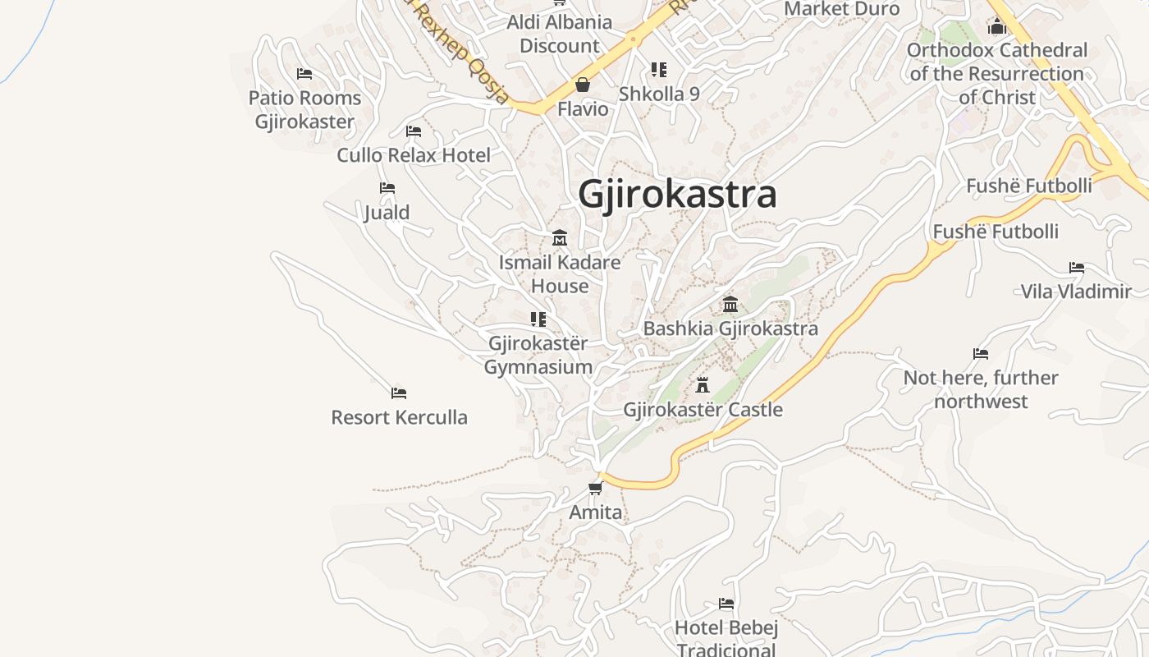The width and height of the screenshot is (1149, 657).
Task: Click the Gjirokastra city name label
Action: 677,195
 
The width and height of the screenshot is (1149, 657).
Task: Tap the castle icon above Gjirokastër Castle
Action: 703,384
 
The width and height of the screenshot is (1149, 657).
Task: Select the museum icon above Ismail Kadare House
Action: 560,238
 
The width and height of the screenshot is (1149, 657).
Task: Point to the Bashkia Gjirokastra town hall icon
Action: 730,305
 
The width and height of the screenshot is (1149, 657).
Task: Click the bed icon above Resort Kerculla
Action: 399,393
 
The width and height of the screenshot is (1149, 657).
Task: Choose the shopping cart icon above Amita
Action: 595,489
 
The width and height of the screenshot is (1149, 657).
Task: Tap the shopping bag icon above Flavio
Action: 583,85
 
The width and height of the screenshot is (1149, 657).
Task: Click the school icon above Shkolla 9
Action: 659,70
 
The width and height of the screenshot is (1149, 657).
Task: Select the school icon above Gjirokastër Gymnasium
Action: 538,319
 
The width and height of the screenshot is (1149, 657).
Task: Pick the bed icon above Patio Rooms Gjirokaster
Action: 304,74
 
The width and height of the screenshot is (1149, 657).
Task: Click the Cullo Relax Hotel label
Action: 414,155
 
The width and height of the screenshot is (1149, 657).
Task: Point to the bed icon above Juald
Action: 387,189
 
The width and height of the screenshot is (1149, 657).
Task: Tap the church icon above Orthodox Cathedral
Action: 997,27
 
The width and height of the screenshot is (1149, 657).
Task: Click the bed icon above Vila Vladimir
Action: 1077,268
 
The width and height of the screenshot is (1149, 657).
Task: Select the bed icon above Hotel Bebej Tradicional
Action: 726,604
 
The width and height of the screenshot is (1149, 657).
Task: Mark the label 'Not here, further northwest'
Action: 981,389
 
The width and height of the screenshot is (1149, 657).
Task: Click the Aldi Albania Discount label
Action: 560,34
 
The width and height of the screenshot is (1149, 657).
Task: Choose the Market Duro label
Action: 842,9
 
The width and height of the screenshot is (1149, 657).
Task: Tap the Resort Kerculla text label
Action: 399,417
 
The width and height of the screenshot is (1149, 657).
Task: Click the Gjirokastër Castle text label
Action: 703,409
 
